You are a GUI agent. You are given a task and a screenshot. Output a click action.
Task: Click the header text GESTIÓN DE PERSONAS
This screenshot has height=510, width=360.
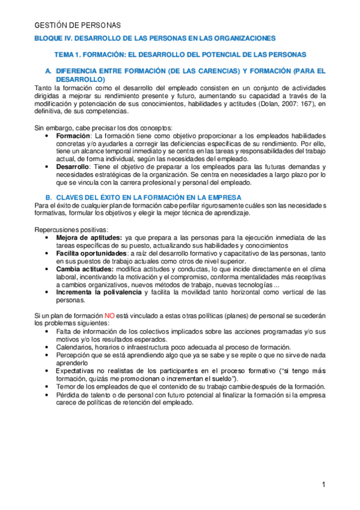click(x=78, y=25)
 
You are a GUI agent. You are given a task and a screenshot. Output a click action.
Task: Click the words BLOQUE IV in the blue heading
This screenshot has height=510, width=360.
click(x=52, y=38)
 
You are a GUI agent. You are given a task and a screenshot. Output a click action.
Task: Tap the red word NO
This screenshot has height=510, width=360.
click(x=110, y=315)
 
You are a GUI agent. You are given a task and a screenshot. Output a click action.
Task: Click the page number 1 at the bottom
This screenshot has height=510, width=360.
click(x=323, y=484)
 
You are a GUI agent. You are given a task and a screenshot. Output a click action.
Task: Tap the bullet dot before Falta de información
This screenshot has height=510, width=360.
click(x=47, y=331)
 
